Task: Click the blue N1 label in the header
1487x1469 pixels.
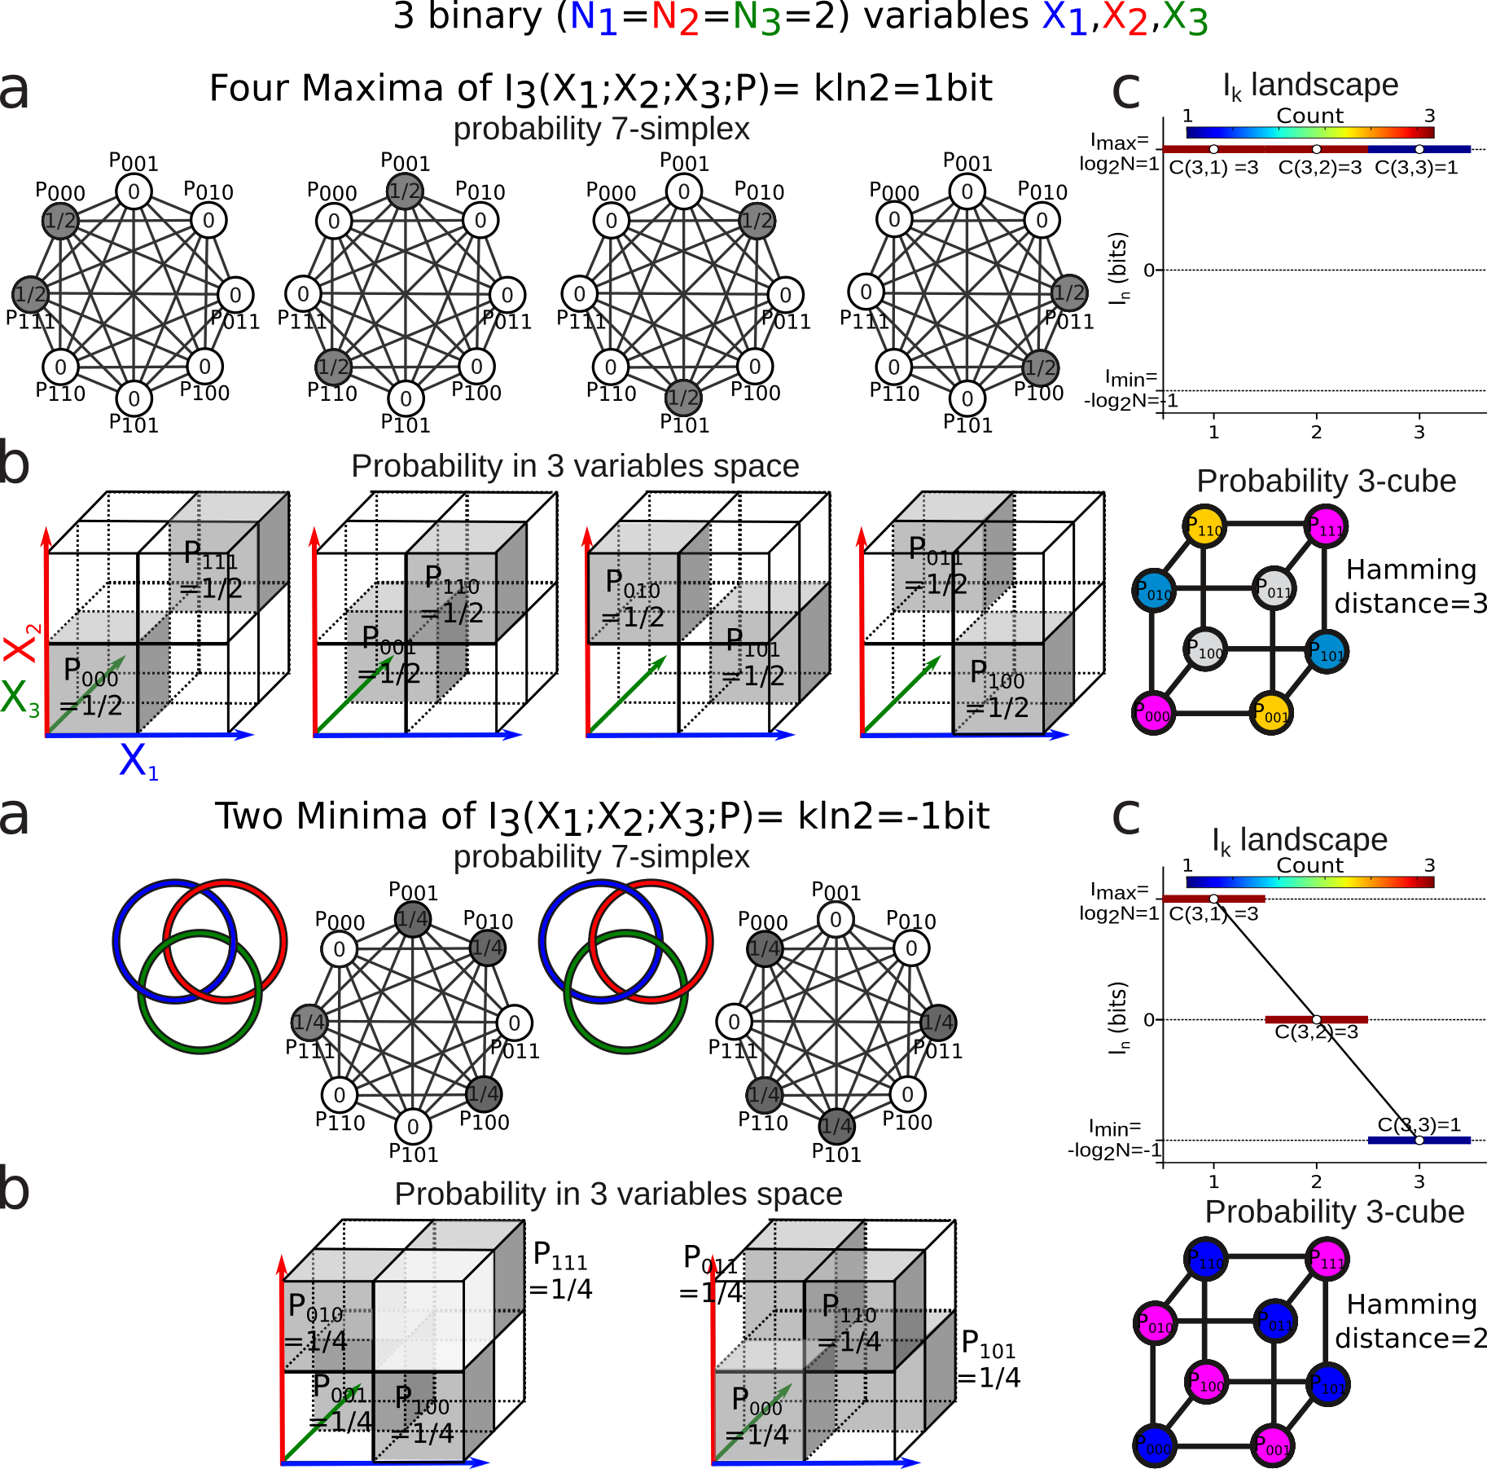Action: pyautogui.click(x=594, y=18)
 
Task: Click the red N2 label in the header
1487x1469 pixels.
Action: pyautogui.click(x=675, y=18)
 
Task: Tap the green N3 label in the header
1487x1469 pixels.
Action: pyautogui.click(x=757, y=18)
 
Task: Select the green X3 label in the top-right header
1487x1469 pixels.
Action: pyautogui.click(x=1185, y=18)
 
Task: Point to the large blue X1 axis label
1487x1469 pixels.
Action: pyautogui.click(x=138, y=762)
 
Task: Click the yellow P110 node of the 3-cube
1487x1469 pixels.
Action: pyautogui.click(x=1204, y=527)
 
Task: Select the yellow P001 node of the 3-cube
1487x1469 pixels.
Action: pyautogui.click(x=1272, y=715)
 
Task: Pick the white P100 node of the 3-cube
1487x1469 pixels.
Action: pyautogui.click(x=1205, y=650)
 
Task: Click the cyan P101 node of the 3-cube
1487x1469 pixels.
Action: pyautogui.click(x=1327, y=652)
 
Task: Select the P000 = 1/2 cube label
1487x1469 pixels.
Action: pyautogui.click(x=92, y=689)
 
